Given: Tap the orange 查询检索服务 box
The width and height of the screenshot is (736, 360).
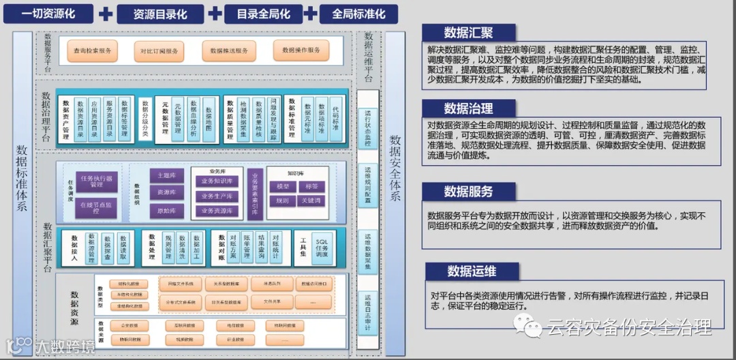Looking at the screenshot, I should pyautogui.click(x=93, y=50).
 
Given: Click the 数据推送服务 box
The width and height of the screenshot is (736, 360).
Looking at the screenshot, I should pyautogui.click(x=229, y=50).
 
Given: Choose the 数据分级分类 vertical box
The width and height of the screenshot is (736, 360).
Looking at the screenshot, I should pyautogui.click(x=144, y=119).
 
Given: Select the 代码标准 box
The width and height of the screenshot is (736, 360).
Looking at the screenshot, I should pyautogui.click(x=335, y=119).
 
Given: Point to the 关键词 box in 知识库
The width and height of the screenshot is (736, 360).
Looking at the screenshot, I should pyautogui.click(x=311, y=201).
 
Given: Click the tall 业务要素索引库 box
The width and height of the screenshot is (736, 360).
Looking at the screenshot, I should pyautogui.click(x=255, y=194).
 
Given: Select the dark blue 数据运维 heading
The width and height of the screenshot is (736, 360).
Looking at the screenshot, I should pyautogui.click(x=471, y=271).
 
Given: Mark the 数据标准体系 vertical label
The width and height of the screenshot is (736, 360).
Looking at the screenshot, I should pyautogui.click(x=22, y=179).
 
